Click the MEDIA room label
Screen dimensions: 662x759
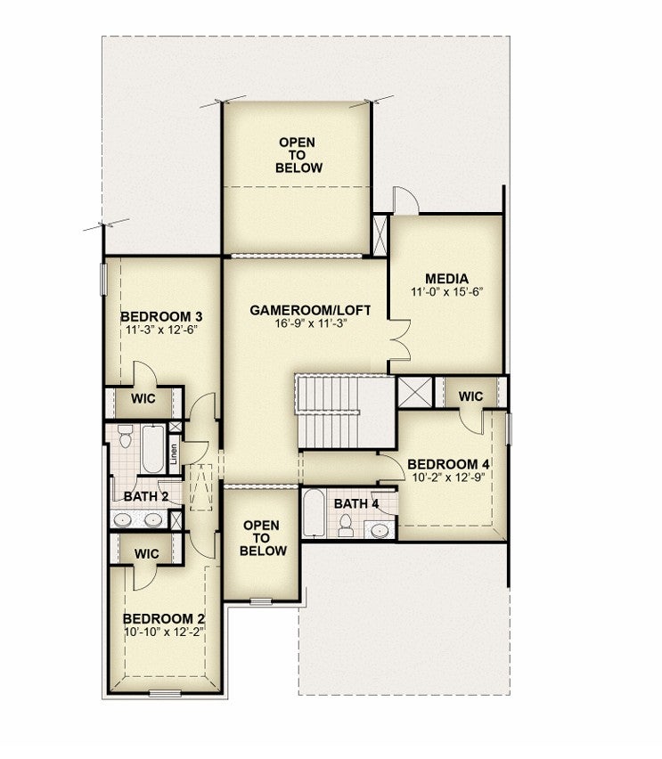(446, 279)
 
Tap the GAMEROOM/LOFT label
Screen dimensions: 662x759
(310, 310)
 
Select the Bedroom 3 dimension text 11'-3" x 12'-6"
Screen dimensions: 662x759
(161, 331)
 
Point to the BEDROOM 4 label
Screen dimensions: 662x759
(448, 464)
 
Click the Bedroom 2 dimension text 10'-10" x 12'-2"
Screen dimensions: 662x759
(163, 632)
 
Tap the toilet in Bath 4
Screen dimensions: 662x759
(346, 526)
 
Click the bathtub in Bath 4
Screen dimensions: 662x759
(314, 513)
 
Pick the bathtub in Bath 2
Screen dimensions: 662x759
(153, 449)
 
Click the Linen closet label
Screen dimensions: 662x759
(174, 454)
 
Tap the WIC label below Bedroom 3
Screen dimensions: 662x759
(143, 399)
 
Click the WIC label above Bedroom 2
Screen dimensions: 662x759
(147, 554)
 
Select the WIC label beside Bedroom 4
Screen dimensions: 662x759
(470, 396)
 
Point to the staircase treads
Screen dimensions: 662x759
(328, 412)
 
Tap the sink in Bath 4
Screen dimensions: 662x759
(380, 531)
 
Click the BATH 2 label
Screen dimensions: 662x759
(146, 496)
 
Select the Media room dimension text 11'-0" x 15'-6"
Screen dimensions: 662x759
(447, 292)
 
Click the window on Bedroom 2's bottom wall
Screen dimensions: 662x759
(165, 694)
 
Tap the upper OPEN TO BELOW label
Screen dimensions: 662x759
(298, 155)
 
